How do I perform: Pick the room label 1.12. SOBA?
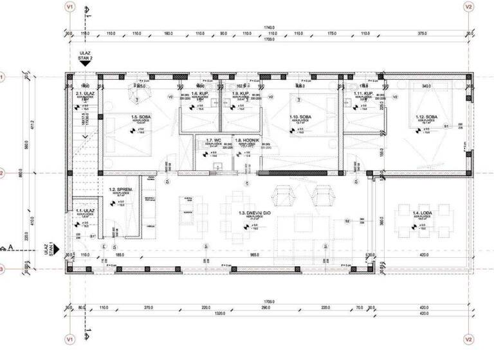coord(426,116)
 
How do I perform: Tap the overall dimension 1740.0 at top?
coord(269,26)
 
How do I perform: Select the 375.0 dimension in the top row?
coord(422,32)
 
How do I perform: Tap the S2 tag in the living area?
coord(347,221)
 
